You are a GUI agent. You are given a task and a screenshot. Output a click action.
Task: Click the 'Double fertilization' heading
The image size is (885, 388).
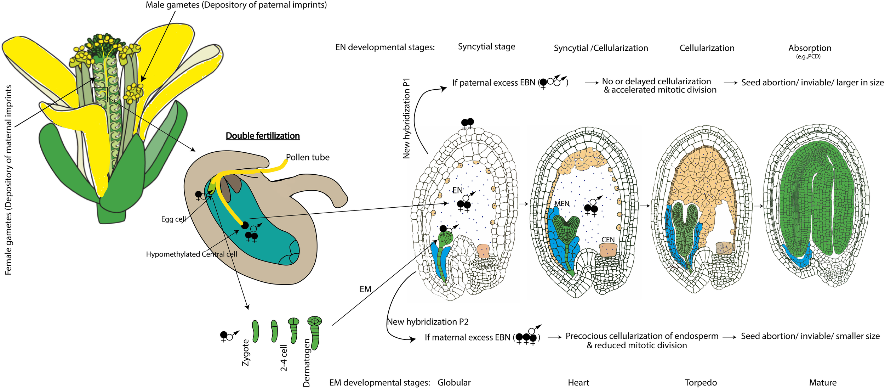(x=263, y=136)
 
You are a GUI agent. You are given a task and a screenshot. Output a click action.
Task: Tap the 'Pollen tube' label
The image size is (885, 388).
(x=308, y=157)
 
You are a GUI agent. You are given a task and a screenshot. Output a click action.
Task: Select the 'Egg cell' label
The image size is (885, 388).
(x=173, y=219)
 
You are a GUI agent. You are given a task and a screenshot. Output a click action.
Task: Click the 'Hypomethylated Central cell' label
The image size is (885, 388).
(x=192, y=254)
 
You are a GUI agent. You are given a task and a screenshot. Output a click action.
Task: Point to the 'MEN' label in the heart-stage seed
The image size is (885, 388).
(x=562, y=204)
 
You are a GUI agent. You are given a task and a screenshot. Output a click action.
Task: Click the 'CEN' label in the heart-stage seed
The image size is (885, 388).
(x=608, y=240)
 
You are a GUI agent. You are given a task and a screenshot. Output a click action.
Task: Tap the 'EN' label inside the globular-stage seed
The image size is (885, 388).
(x=457, y=190)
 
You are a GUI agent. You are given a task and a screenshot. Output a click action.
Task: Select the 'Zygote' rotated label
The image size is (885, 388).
(x=246, y=352)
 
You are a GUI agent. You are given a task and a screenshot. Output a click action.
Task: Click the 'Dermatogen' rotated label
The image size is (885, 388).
(x=307, y=362)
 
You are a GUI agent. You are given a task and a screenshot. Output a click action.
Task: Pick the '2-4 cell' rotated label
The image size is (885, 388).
(x=284, y=358)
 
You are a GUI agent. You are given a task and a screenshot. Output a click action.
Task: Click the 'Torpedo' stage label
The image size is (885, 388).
(x=701, y=383)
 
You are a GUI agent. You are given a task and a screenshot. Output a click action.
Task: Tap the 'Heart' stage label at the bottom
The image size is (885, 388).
(x=578, y=383)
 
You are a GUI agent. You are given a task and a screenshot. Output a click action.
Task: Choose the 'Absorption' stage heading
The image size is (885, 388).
(x=810, y=48)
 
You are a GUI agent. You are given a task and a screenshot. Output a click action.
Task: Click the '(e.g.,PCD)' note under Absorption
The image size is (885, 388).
(x=808, y=57)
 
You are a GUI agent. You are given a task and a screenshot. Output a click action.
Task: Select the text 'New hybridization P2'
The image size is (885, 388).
(x=428, y=322)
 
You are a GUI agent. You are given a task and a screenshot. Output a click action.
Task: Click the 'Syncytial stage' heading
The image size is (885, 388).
(x=486, y=46)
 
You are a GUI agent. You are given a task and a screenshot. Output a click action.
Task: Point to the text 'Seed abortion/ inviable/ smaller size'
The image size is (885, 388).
(x=810, y=336)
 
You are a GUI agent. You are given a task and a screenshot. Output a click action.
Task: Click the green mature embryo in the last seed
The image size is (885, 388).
(x=814, y=198)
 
